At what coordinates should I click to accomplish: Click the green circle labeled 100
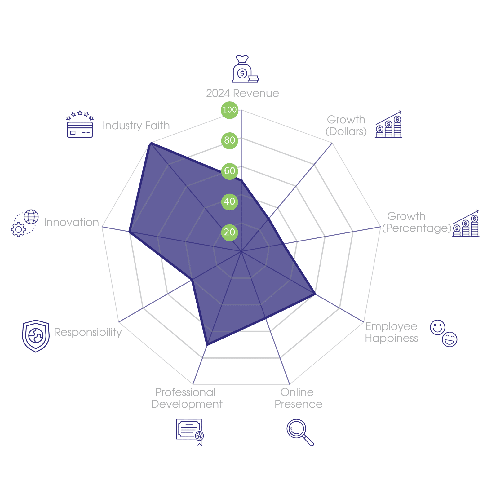click(x=230, y=110)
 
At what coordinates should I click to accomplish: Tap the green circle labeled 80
click(x=230, y=140)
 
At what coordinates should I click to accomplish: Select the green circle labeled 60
click(x=230, y=171)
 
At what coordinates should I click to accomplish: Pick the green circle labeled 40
click(x=230, y=202)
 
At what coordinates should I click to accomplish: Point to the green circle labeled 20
click(x=230, y=232)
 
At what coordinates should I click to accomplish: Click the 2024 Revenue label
click(x=242, y=93)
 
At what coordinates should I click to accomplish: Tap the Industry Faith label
click(x=136, y=126)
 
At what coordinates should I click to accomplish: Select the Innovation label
click(x=71, y=222)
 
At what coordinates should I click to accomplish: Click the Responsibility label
click(x=88, y=332)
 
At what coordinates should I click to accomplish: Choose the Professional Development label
click(x=187, y=398)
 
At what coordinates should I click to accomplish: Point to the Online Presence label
click(x=298, y=398)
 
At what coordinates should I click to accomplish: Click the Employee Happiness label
click(x=391, y=332)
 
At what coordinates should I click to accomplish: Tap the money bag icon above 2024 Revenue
click(x=245, y=69)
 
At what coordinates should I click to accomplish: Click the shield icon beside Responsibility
click(x=36, y=336)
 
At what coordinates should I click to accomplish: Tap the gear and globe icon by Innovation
click(x=25, y=223)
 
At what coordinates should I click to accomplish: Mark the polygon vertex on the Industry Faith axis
click(x=150, y=143)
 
